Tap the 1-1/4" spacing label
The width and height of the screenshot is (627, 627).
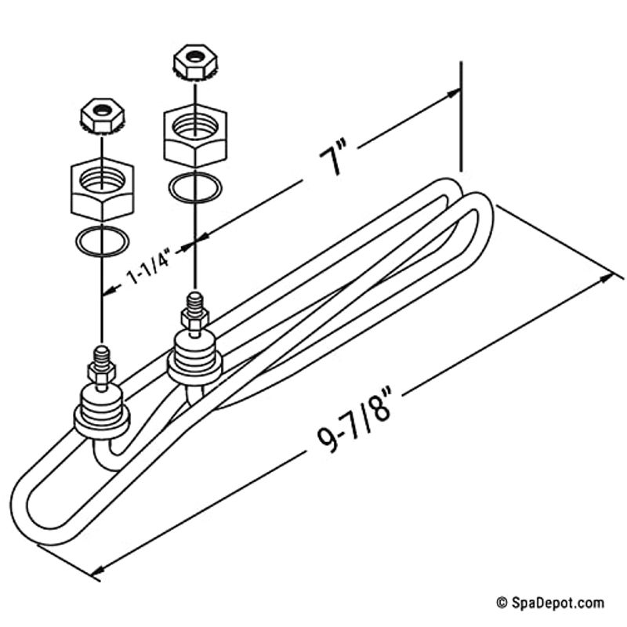(149, 266)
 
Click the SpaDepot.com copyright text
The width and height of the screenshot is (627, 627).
(550, 602)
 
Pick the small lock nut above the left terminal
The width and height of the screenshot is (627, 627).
(102, 116)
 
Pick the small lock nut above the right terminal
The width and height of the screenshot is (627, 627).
(194, 63)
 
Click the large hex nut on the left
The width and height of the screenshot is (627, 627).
(103, 189)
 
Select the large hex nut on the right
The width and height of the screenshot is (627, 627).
(195, 136)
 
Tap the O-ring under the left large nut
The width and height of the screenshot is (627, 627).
(103, 241)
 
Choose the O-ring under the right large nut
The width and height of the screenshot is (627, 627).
(194, 187)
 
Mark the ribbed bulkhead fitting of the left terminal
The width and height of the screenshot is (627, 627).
(102, 413)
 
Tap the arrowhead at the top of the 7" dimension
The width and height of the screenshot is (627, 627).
(452, 95)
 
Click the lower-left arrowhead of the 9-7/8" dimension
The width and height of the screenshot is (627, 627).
(99, 570)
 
